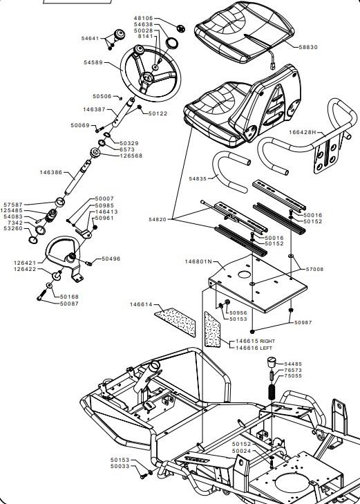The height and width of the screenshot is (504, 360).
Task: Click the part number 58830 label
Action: coord(308,47)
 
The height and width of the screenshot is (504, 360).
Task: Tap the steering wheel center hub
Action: coord(147,77)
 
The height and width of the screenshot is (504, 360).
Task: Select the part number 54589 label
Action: coord(93,62)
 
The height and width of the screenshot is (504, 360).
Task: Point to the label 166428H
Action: coord(302,132)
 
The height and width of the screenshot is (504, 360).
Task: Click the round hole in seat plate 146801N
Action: coord(244,274)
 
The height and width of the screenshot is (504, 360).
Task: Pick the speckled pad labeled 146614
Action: coord(176,321)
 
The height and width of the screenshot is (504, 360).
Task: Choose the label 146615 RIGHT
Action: coord(255,341)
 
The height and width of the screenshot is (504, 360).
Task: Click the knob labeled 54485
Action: coord(272,363)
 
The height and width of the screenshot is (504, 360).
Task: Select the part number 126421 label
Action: coord(25,263)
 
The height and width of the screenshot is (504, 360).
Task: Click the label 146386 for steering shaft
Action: coord(51,172)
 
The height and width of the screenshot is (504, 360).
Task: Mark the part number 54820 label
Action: coord(158,220)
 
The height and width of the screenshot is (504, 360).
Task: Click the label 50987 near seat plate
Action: coord(303,322)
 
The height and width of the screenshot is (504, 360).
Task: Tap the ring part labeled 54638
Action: coord(172,43)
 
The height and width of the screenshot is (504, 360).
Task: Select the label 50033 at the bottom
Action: coord(120,466)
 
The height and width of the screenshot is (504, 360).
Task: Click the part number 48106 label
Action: coord(144,19)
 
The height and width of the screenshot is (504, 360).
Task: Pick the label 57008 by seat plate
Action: coord(314,270)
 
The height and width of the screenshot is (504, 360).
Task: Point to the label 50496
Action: coord(111,259)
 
